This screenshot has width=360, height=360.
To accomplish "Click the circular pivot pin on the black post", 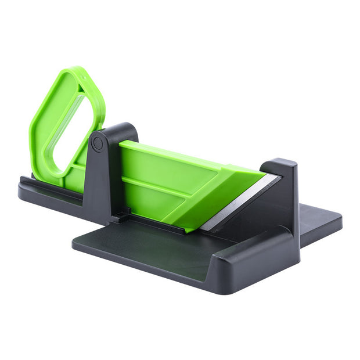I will click(97, 143).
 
